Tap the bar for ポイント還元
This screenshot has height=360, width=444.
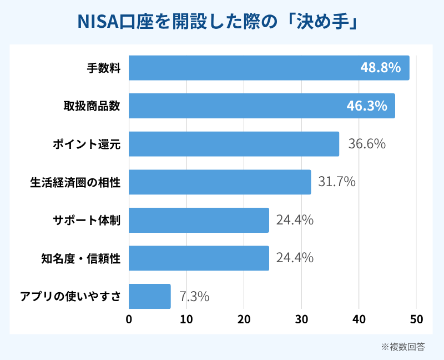(x=234, y=144)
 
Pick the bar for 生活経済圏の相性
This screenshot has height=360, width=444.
(x=220, y=182)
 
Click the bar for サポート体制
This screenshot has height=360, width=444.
(x=199, y=220)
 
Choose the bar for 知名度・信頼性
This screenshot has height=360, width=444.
(x=199, y=258)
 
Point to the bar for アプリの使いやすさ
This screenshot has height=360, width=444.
(x=150, y=296)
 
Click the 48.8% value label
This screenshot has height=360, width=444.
(x=380, y=68)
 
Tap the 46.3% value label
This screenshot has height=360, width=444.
(x=367, y=106)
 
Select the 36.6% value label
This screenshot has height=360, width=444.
(x=367, y=144)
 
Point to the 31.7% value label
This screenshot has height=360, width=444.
(x=337, y=182)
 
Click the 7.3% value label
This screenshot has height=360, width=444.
(x=194, y=296)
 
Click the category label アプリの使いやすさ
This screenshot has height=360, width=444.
(x=70, y=296)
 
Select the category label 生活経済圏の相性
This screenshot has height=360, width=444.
(x=75, y=182)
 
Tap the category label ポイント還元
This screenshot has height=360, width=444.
(x=87, y=144)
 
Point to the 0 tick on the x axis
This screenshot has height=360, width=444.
(x=129, y=319)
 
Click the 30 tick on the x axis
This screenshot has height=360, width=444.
(x=301, y=319)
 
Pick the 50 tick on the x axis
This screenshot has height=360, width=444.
(x=416, y=319)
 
